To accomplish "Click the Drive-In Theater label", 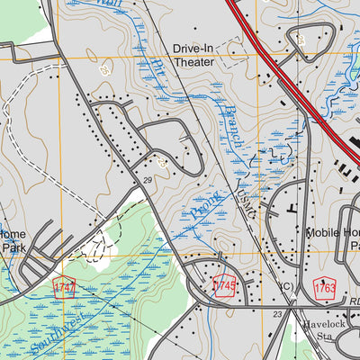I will (193, 55).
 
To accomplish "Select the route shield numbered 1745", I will (224, 286).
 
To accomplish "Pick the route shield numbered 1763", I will (325, 287).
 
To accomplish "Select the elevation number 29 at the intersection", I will (146, 181).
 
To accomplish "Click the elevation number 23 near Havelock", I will (278, 314).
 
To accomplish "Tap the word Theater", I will (193, 62).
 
